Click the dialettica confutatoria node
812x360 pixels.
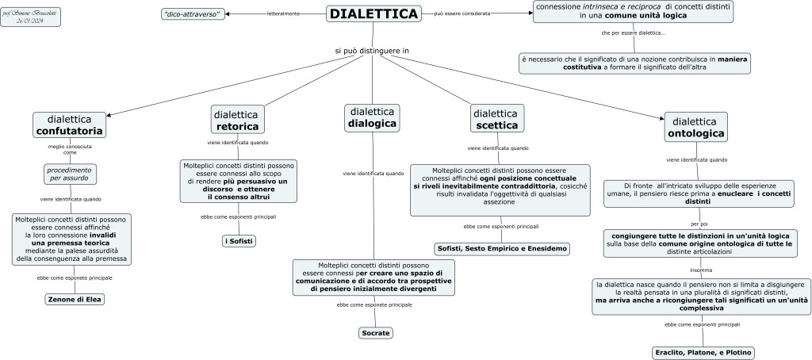pyautogui.click(x=69, y=124)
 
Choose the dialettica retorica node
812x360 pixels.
pyautogui.click(x=237, y=119)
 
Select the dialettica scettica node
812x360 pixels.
pyautogui.click(x=497, y=119)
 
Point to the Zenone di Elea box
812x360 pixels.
pyautogui.click(x=75, y=299)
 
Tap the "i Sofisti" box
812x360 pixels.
pyautogui.click(x=239, y=240)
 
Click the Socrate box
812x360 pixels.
pyautogui.click(x=374, y=333)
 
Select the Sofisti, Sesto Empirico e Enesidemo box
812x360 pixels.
pyautogui.click(x=502, y=249)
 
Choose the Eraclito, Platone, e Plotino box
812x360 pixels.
pyautogui.click(x=703, y=352)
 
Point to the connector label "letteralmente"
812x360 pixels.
pyautogui.click(x=283, y=14)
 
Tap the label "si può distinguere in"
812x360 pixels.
pyautogui.click(x=371, y=52)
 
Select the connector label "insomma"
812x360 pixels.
pyautogui.click(x=700, y=270)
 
